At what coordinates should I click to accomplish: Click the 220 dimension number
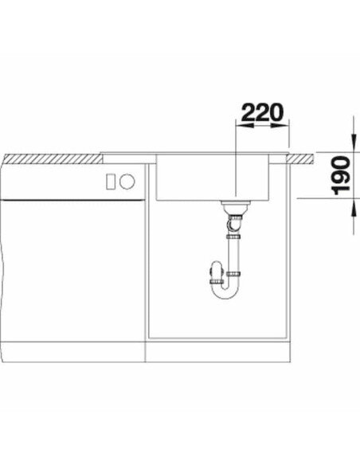tap(263, 113)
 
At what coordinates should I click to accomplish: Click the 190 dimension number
tap(342, 175)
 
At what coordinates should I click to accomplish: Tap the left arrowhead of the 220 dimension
tap(245, 126)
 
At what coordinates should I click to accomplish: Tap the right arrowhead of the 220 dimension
tap(280, 126)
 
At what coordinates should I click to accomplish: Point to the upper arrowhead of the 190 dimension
tap(354, 143)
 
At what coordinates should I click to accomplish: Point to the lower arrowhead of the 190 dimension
tap(354, 209)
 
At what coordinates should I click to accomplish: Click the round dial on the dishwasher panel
tap(127, 182)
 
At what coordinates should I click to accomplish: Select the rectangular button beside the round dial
tap(111, 182)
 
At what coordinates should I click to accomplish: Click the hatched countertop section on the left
tap(53, 158)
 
